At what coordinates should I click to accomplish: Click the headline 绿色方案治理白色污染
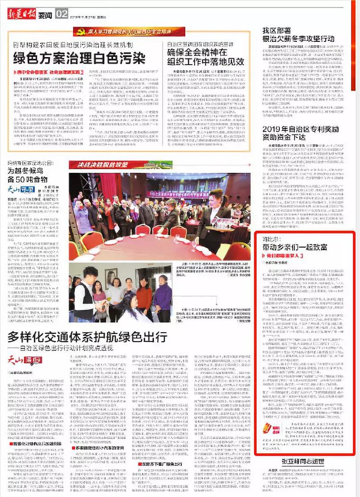pos(79,58)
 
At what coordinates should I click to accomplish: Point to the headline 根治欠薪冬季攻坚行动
pos(298,39)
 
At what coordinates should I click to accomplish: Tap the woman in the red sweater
pos(144,294)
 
